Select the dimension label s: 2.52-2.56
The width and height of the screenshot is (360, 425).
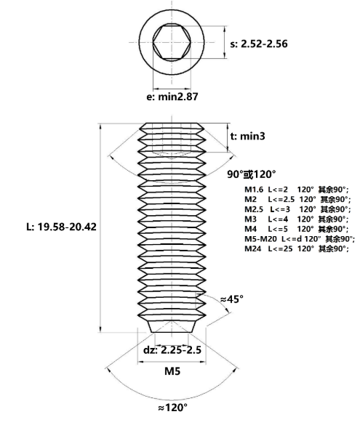coord(258,44)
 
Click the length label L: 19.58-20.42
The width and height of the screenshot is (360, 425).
coord(51,227)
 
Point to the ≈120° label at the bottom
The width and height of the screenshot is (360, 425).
coord(173,408)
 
